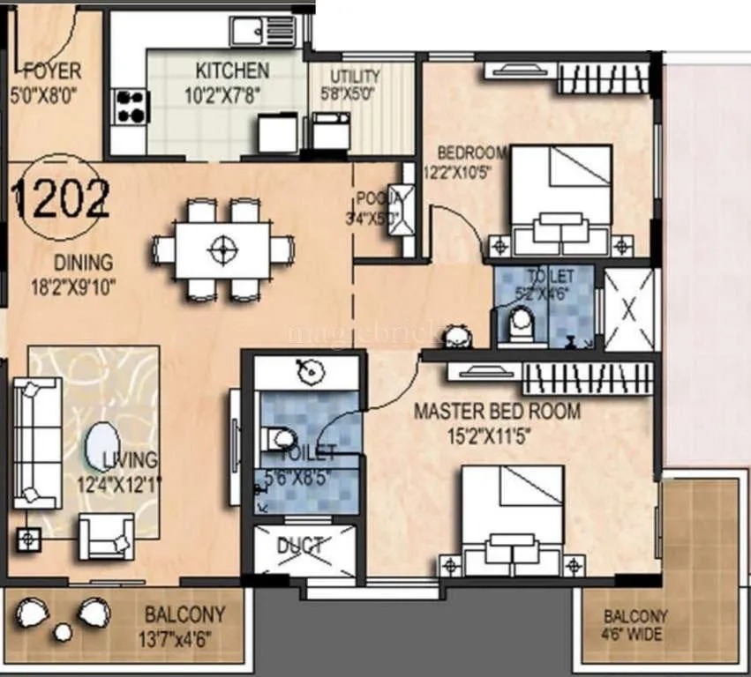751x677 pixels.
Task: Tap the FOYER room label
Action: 51,71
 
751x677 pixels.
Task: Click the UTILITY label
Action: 356,77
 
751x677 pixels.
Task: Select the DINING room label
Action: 83,262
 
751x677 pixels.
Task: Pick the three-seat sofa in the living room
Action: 36,441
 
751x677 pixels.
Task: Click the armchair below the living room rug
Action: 107,535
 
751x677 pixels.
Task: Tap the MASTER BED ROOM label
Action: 497,411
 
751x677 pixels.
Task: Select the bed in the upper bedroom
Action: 561,198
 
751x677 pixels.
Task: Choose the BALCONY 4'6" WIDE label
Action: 635,625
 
